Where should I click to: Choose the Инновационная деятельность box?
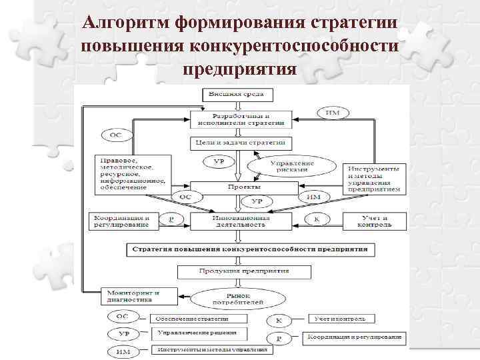click(x=241, y=221)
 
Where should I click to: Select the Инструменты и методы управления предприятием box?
click(x=373, y=177)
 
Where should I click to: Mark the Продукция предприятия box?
click(x=243, y=272)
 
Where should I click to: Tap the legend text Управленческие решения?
click(x=197, y=333)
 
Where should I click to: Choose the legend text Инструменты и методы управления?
click(x=211, y=349)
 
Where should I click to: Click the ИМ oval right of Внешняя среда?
click(x=331, y=111)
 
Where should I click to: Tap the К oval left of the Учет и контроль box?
click(x=317, y=219)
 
